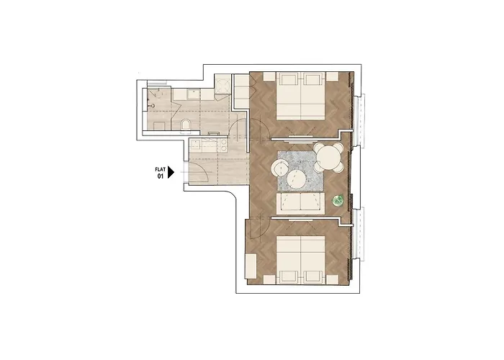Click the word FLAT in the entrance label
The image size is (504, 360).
[x=161, y=169]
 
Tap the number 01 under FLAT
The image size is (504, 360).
[x=161, y=176]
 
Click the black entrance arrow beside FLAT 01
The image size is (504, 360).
[x=171, y=173]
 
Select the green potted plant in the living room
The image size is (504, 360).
[x=338, y=201]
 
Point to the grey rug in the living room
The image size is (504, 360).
[x=300, y=171]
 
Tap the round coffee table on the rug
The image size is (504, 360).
[x=295, y=179]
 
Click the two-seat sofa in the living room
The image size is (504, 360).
[x=300, y=204]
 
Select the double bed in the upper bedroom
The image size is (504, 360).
[x=300, y=96]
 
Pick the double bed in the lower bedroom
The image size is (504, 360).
[x=300, y=261]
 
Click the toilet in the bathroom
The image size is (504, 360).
[x=186, y=126]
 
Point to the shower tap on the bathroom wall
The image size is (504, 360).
[x=152, y=105]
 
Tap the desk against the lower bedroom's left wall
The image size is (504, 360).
[x=251, y=266]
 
